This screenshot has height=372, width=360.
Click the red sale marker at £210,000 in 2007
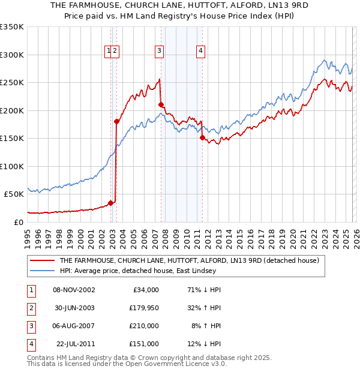[x=161, y=105]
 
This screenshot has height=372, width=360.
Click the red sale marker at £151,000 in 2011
[x=202, y=138]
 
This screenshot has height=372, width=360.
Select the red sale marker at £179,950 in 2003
[x=117, y=121]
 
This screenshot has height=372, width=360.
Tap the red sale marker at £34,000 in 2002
[x=110, y=203]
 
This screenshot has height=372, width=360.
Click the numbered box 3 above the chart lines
[x=159, y=52]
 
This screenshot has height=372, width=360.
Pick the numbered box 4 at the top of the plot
[x=200, y=52]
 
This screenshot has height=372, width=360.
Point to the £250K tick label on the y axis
[x=12, y=83]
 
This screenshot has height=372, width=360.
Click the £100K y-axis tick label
[x=12, y=166]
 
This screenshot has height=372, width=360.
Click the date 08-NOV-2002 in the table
[x=74, y=290]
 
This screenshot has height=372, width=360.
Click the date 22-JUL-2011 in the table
[x=74, y=344]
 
